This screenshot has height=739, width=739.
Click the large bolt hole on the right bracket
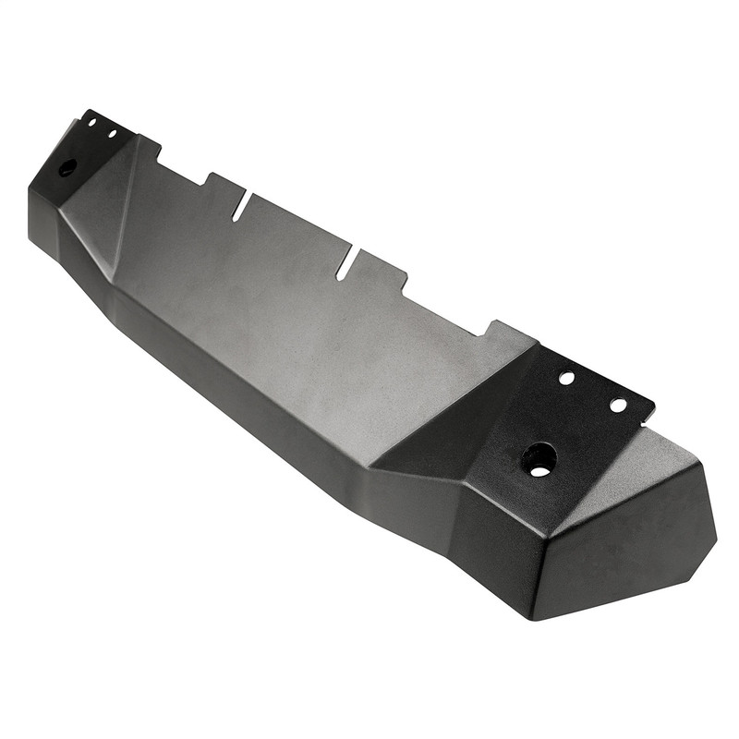click(539, 458)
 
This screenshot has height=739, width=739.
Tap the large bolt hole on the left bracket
click(67, 168)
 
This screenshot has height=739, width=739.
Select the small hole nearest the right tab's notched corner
click(618, 405)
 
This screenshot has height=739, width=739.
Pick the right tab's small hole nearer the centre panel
click(566, 378)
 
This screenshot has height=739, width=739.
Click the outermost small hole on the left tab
click(91, 122)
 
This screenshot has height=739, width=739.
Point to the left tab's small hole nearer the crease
click(112, 134)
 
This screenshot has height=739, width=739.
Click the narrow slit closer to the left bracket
click(240, 207)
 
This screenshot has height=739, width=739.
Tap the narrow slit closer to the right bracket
click(345, 266)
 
